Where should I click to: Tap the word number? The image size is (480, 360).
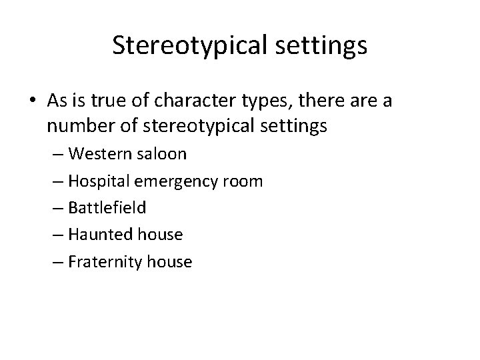pyautogui.click(x=79, y=126)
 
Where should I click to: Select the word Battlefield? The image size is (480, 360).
pyautogui.click(x=107, y=208)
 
